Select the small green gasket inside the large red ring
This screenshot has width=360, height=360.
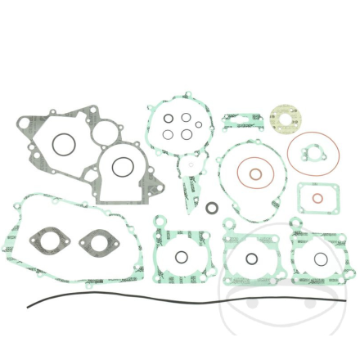click(311, 152)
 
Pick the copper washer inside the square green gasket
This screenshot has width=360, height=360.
click(313, 197)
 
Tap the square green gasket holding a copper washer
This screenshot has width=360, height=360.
click(313, 198)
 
